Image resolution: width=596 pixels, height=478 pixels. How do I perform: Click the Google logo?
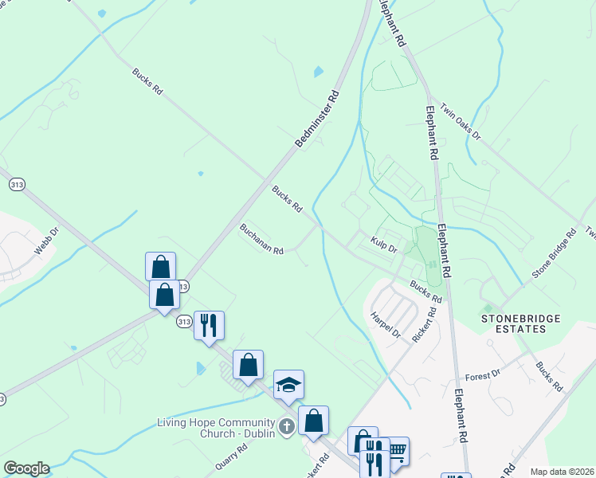[x=25, y=468]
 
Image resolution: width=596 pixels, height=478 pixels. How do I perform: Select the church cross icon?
[x=286, y=427]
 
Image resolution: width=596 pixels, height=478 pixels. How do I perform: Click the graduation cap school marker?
[x=288, y=385]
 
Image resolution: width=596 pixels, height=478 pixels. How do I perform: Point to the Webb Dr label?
[x=47, y=242]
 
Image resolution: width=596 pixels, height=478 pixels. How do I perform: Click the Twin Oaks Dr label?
[x=461, y=123]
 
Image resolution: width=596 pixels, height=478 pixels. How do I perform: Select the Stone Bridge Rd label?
[x=554, y=255]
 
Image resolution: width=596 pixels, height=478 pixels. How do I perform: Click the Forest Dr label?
[x=482, y=373]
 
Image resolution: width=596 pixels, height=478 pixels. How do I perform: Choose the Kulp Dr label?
[x=383, y=245]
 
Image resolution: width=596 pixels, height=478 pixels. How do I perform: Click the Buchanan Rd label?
[x=262, y=239]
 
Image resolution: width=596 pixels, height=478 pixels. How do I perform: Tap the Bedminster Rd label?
[x=317, y=119]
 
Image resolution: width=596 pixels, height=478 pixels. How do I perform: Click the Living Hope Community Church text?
[x=216, y=427]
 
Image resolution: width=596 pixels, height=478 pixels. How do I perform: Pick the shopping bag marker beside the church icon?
[x=313, y=420]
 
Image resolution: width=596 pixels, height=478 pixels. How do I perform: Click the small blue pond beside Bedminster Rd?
[x=319, y=72]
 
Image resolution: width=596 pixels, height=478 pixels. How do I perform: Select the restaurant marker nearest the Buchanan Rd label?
[x=209, y=325]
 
